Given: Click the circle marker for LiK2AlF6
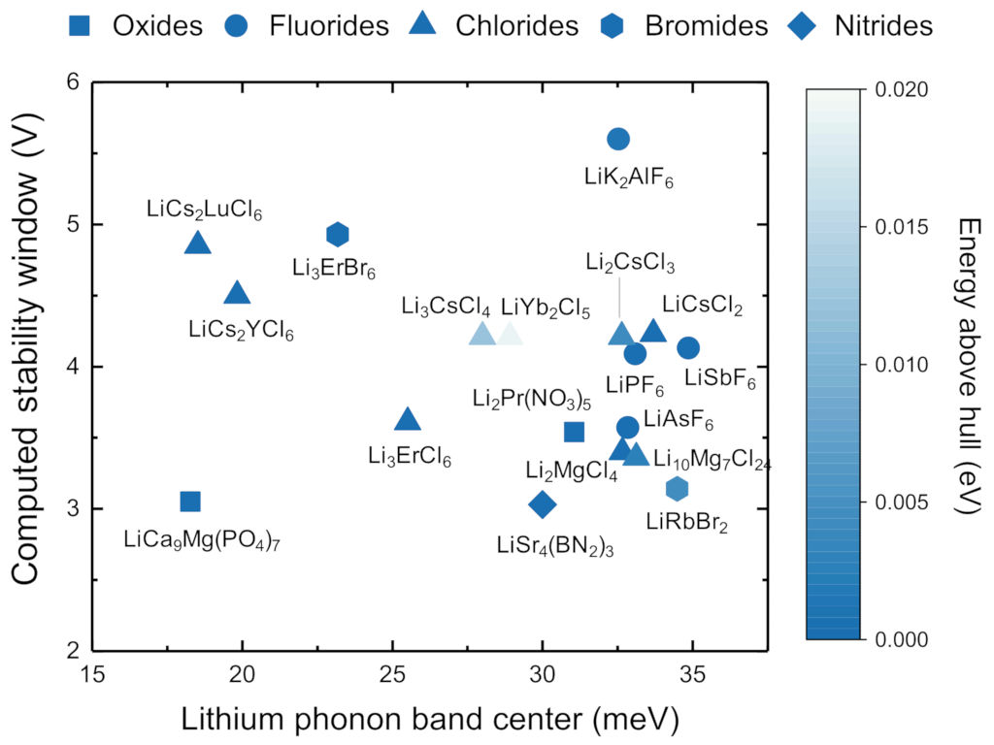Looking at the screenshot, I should pos(618,139).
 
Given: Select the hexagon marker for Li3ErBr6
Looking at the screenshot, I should pos(338,234).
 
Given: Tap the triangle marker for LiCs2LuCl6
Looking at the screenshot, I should pos(198,243).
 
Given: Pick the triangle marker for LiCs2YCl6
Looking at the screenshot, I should pos(237,293).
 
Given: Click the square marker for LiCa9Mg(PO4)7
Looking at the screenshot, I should pos(190,502).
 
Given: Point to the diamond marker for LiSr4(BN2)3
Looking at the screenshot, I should pos(543,503).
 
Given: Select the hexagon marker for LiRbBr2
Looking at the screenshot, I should pos(678,488).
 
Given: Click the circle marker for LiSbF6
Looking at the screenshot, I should pos(688,348).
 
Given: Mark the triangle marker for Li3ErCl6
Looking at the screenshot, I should pos(408,419).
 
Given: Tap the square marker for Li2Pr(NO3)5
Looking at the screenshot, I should pos(574,432).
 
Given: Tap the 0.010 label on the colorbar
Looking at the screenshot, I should pos(902,365).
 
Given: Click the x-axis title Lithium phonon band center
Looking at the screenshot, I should pos(428,719).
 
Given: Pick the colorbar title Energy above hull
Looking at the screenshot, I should pos(968,365).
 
